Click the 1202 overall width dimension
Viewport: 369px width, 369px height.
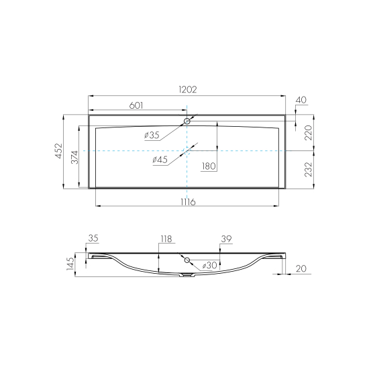point(188,90)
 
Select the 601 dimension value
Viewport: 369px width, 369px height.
point(136,105)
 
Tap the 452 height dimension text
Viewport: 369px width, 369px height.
point(58,151)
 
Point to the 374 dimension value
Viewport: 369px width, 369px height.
point(74,157)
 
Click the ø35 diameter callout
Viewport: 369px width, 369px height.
point(152,136)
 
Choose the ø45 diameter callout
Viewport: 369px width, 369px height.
point(160,160)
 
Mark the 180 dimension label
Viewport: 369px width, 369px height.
point(209,166)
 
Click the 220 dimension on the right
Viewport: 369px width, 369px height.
point(308,133)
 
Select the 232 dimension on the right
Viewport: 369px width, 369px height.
point(308,170)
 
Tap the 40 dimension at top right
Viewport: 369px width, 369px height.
point(301,100)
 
